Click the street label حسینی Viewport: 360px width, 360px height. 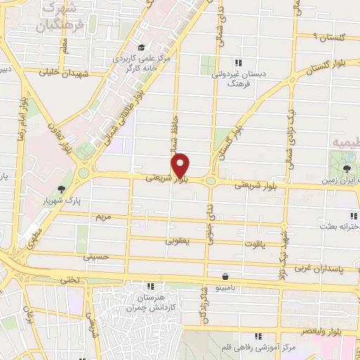pos(96,257)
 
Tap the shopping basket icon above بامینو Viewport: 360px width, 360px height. pos(224,277)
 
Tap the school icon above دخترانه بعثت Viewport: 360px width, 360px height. pos(352,215)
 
